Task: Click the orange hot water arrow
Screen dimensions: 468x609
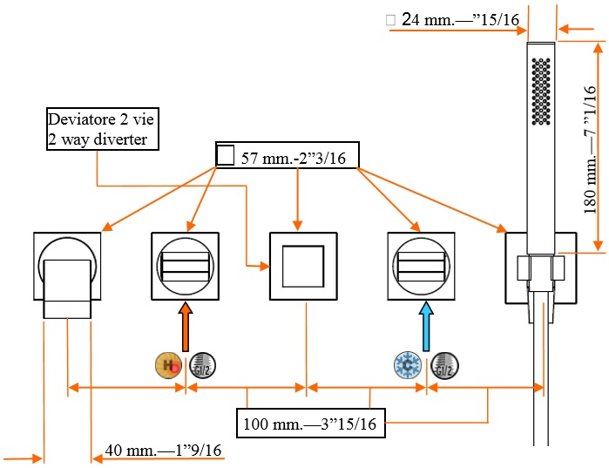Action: point(185,326)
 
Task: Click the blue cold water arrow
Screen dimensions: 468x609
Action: point(425,326)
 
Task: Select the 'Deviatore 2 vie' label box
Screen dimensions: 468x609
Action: point(104,129)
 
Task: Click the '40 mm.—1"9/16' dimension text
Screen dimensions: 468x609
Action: point(163,450)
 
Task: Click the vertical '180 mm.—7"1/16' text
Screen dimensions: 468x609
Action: point(591,148)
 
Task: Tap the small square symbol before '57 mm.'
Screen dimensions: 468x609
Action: point(225,156)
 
